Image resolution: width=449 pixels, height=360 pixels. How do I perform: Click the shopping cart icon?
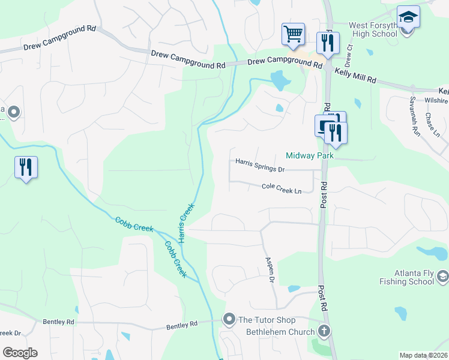(293, 34)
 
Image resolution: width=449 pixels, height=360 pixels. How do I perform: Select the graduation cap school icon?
(408, 17)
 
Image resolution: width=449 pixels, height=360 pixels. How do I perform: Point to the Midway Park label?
(309, 155)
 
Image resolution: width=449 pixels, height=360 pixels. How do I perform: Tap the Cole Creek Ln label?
(282, 188)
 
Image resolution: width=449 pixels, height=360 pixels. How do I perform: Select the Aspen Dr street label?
(270, 270)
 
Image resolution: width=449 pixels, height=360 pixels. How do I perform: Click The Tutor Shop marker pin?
(229, 319)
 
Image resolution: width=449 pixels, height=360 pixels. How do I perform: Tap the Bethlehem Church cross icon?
(324, 331)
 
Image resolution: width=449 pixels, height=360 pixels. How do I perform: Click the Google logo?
(19, 353)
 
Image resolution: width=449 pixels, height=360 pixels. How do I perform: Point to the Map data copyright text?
(423, 355)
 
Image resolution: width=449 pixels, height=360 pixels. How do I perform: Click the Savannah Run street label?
(414, 115)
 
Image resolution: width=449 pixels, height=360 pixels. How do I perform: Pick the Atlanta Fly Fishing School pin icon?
(443, 276)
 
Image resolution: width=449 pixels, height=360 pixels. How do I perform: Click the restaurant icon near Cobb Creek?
(26, 167)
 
